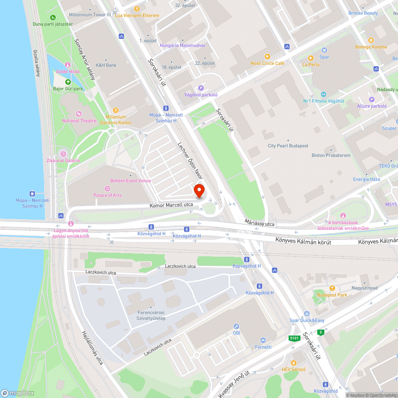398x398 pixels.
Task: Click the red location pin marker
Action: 199,191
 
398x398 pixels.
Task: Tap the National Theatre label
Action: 79,121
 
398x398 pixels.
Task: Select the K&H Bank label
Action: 106,65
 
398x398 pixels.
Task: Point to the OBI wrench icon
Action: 236,326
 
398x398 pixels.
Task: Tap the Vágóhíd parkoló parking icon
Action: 201,88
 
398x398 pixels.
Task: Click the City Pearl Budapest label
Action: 288,146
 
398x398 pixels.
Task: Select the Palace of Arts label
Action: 107,195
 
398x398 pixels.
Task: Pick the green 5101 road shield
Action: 294,338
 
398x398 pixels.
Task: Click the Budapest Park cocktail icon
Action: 332,288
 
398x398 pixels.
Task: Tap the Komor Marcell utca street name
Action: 171,205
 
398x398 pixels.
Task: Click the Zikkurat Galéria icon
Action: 62,154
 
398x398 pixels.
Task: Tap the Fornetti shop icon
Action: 263,340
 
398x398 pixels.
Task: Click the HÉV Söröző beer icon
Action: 294,363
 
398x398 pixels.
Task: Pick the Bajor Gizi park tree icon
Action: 68,82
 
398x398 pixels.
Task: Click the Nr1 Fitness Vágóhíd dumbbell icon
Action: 323,94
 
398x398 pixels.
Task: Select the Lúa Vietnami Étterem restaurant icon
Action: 137,9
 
